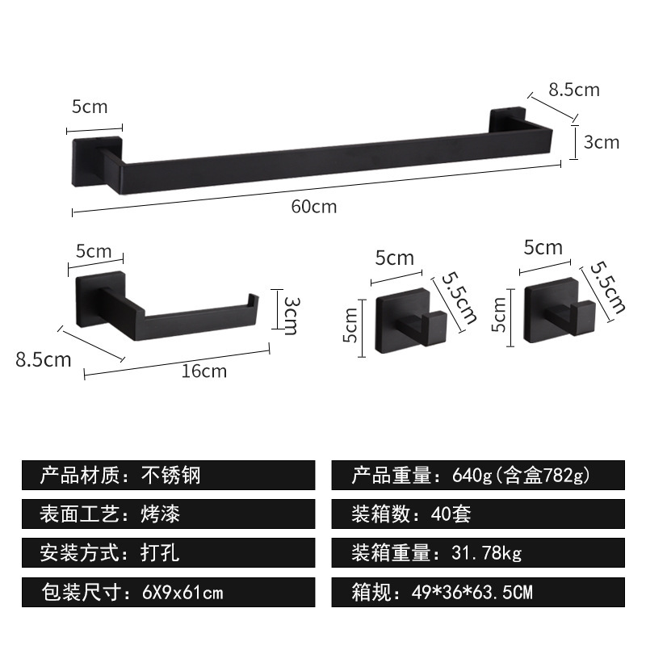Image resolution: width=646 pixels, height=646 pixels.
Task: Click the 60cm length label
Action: [x=314, y=207]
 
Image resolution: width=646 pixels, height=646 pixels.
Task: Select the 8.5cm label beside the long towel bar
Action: [x=574, y=90]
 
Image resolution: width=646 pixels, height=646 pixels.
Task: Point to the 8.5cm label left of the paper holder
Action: [x=44, y=359]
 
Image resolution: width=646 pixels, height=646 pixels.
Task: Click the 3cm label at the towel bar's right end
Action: [x=601, y=142]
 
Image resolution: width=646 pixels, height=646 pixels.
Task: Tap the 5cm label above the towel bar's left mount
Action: [x=90, y=106]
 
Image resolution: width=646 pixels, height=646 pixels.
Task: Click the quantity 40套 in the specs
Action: [x=455, y=514]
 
